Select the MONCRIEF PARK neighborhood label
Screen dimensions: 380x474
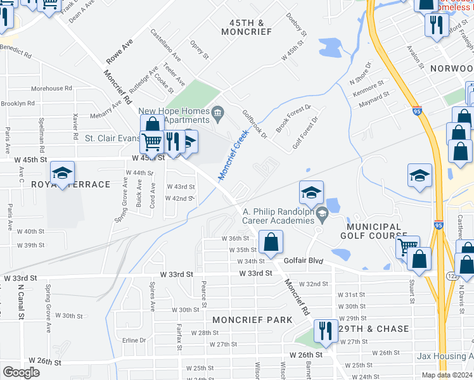252,320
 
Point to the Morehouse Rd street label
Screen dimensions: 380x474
52,89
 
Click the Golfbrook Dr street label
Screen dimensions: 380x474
255,123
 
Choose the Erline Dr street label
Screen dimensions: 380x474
134,340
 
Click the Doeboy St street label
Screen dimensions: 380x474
296,24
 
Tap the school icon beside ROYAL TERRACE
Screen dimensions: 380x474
62,173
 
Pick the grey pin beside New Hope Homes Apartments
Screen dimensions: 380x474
218,113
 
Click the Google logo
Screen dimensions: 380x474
21,372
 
